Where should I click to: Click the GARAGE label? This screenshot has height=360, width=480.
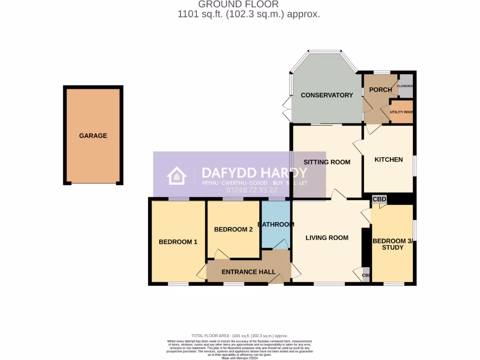93,136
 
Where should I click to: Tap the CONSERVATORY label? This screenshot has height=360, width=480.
327,95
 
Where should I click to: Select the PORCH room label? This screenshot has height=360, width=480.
380,90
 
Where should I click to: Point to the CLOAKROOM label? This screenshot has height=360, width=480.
405,86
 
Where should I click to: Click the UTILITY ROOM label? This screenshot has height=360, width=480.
402,112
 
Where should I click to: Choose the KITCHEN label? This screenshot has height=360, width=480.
389,160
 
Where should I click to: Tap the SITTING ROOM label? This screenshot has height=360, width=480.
327,163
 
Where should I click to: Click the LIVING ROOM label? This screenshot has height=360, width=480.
327,238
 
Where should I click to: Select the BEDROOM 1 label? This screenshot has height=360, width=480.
178,242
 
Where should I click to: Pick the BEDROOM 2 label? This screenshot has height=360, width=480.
233,230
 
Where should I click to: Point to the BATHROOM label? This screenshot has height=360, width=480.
276,225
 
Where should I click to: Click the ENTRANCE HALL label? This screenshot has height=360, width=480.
246,272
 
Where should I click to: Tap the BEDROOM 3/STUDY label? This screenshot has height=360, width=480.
393,244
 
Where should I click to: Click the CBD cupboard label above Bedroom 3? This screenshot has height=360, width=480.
379,200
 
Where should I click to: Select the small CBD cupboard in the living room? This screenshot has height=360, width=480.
366,275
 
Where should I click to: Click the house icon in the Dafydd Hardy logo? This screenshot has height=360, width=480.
177,176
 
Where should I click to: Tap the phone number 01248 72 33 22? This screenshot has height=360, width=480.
252,190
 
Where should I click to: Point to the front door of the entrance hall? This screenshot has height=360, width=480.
276,279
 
